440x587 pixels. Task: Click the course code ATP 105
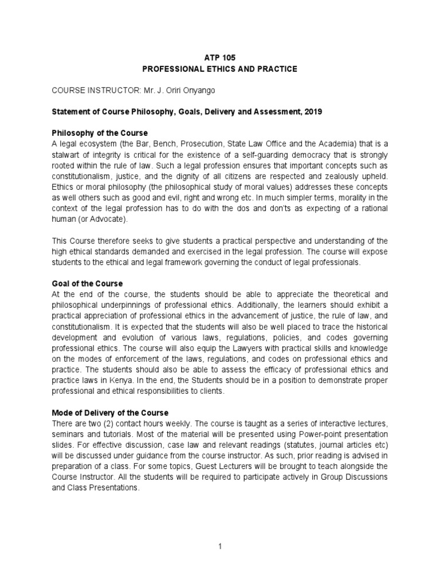[x=219, y=58]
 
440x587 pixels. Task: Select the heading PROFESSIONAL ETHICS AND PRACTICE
[x=219, y=69]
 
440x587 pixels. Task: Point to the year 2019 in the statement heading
[x=313, y=112]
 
